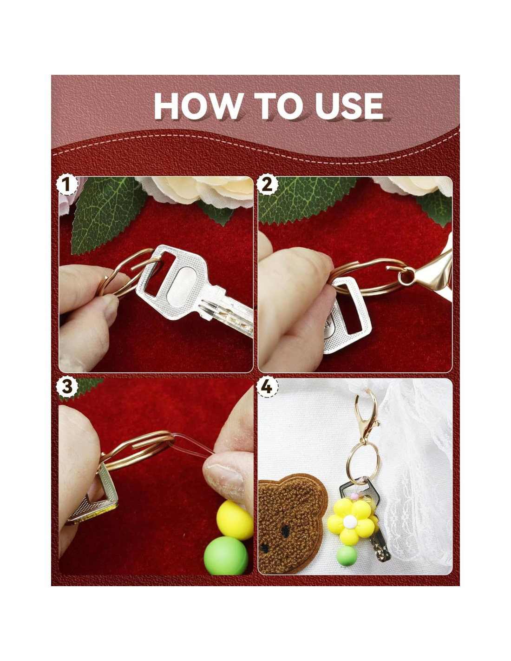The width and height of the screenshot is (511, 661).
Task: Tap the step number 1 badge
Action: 66,185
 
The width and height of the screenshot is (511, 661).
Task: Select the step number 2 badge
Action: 267,185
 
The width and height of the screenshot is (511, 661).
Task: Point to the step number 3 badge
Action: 66,387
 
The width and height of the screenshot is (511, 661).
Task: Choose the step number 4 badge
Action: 267,387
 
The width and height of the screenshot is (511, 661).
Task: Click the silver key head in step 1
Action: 173,281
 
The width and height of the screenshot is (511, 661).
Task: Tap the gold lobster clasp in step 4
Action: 367,414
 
